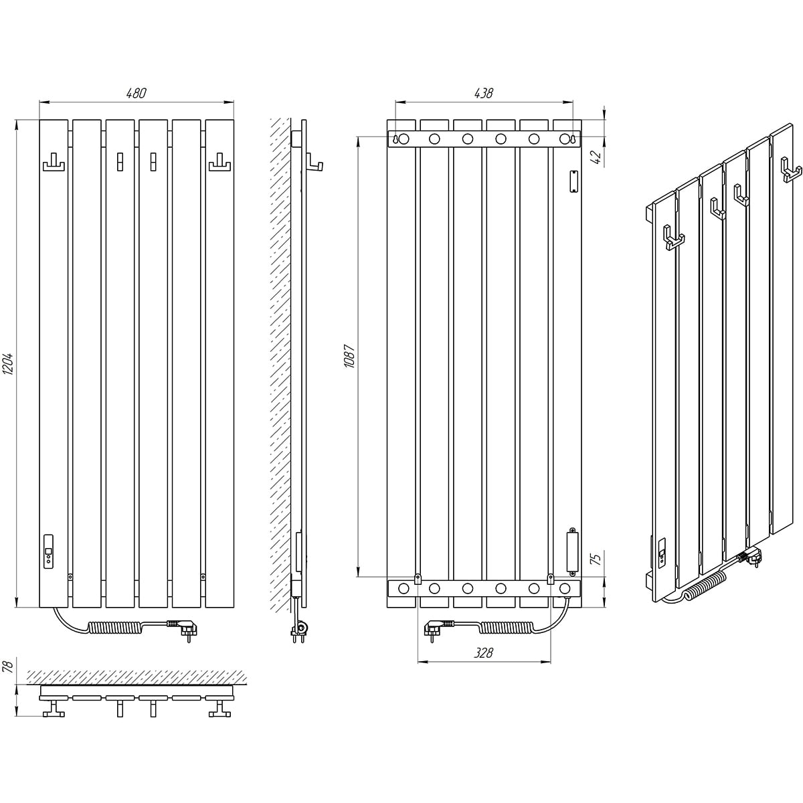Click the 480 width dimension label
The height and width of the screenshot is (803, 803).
click(x=137, y=93)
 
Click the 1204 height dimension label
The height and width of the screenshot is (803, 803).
click(x=9, y=364)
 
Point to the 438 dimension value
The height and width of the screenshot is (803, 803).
click(x=483, y=93)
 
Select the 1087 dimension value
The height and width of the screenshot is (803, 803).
click(x=349, y=356)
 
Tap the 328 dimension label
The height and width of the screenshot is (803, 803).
click(x=483, y=652)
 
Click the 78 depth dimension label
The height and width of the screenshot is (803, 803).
click(x=9, y=666)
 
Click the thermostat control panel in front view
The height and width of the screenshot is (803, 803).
click(x=48, y=551)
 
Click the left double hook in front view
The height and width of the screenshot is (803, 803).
click(x=54, y=162)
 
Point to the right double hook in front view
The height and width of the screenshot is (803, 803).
click(x=219, y=162)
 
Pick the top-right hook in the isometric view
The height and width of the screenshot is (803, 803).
click(x=791, y=169)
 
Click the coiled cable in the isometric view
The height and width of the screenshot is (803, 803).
click(x=704, y=583)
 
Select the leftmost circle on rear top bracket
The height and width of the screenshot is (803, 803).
click(x=404, y=139)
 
